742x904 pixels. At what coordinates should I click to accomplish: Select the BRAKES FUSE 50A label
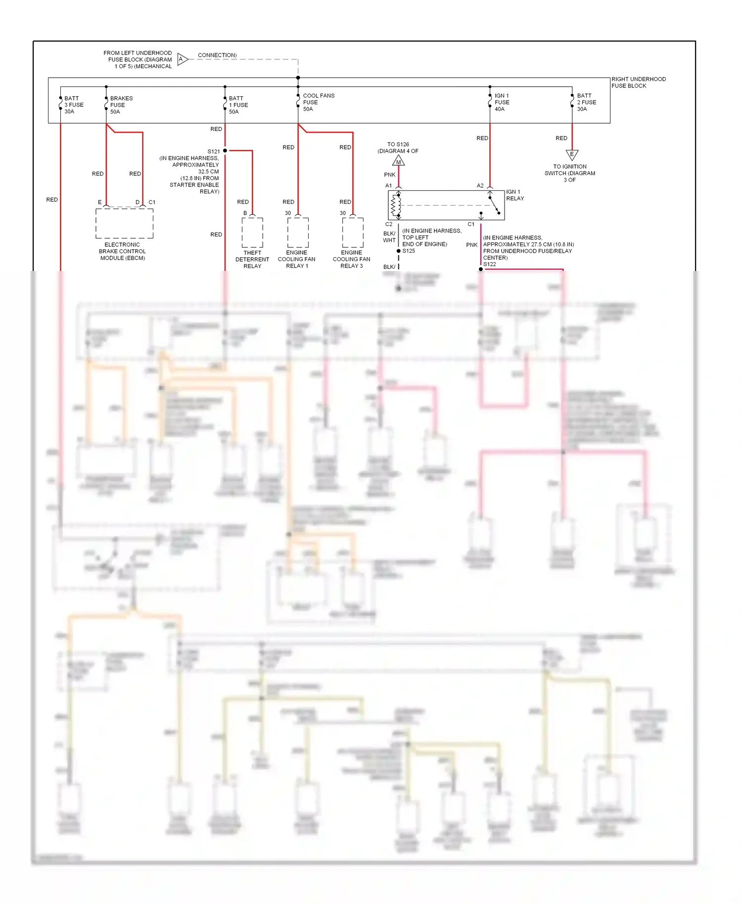click(121, 105)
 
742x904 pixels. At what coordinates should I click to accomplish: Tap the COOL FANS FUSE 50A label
click(318, 102)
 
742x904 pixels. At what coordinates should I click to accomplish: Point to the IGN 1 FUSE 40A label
click(502, 102)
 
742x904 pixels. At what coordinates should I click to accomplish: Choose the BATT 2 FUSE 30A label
click(586, 102)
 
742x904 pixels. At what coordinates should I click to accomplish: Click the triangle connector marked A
click(182, 59)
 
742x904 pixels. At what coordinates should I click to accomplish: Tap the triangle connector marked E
click(572, 154)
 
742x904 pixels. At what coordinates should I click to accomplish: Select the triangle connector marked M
click(398, 161)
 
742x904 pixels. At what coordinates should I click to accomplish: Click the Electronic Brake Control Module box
click(124, 223)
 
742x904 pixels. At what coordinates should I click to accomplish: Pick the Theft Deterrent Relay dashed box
click(252, 232)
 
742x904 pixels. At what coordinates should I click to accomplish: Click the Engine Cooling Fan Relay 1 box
click(298, 232)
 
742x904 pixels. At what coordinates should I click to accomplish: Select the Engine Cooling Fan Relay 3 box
click(353, 232)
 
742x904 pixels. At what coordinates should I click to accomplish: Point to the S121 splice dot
click(225, 150)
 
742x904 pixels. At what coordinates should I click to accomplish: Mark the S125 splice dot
click(399, 251)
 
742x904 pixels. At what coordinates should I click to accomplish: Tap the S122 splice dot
click(480, 269)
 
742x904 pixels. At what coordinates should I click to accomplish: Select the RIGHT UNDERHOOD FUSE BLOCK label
click(638, 82)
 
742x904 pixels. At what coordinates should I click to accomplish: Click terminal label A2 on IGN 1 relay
click(480, 185)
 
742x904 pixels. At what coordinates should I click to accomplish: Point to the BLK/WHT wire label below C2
click(389, 237)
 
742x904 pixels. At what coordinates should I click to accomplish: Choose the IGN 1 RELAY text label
click(514, 195)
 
